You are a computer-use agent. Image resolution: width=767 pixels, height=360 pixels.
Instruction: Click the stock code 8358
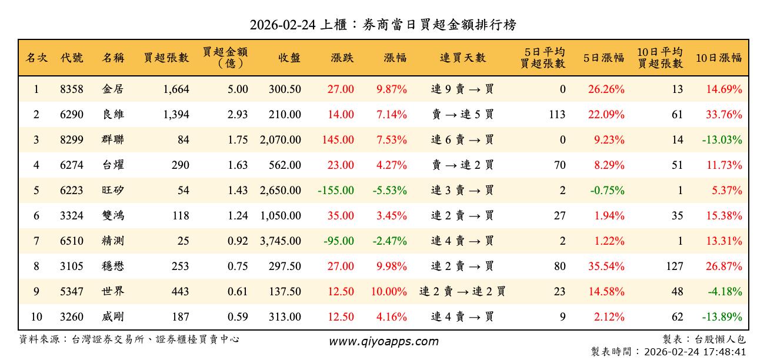click(x=71, y=89)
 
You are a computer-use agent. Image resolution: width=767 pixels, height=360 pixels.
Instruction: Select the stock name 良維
click(x=113, y=115)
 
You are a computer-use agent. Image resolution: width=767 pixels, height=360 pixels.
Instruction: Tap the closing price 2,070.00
click(x=280, y=140)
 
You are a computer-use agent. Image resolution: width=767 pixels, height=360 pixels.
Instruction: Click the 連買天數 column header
click(x=463, y=58)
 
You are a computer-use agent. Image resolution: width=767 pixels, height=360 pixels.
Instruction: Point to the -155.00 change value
click(x=335, y=191)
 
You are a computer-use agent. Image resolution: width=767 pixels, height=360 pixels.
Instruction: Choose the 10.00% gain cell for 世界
click(x=389, y=292)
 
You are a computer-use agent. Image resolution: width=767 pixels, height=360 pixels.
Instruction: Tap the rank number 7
click(x=36, y=241)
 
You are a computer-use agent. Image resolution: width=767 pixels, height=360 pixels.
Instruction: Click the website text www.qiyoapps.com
click(x=383, y=342)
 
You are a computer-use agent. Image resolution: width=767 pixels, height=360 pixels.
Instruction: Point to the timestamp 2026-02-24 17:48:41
click(x=695, y=352)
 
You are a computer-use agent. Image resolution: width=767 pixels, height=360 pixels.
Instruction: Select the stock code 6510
click(x=71, y=241)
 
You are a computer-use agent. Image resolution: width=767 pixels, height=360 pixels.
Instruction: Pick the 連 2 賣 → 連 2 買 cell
click(x=462, y=292)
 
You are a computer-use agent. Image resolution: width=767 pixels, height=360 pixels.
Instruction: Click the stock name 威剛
click(x=113, y=317)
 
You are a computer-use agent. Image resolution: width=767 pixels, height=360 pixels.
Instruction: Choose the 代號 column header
click(x=72, y=58)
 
